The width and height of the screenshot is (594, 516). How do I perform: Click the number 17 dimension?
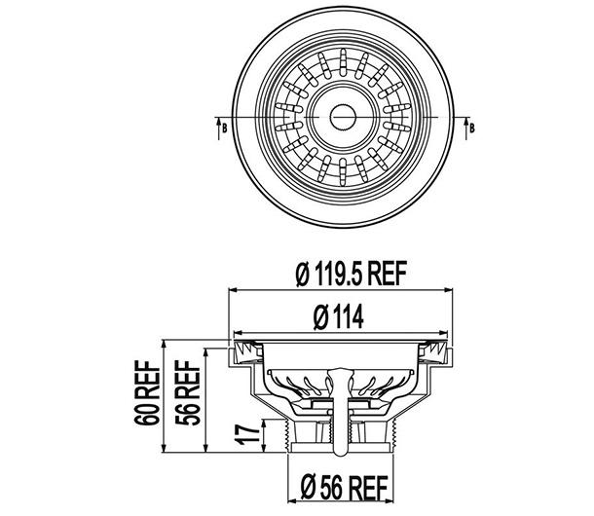click(x=249, y=433)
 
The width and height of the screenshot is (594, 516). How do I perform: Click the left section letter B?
click(x=224, y=127)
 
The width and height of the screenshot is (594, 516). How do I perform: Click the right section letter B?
click(x=471, y=127)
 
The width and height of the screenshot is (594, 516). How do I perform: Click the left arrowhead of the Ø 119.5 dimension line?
click(x=233, y=290)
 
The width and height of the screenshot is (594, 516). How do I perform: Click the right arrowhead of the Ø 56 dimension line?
click(x=399, y=468)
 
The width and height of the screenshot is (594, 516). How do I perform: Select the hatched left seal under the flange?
click(x=240, y=349)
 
